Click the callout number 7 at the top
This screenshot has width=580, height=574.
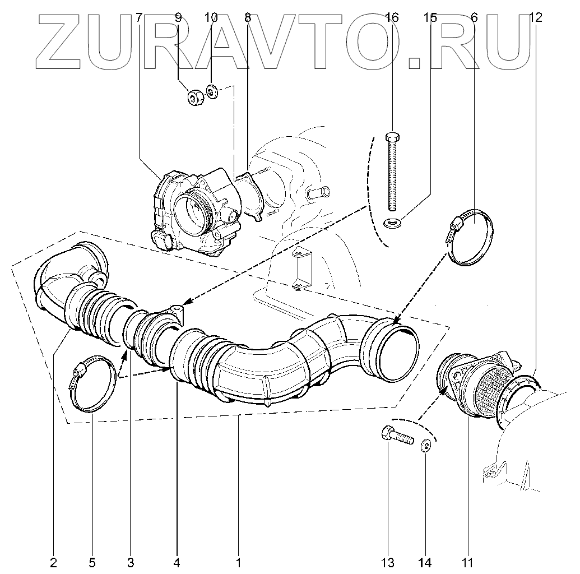tap(139, 18)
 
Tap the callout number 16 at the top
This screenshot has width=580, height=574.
tap(392, 18)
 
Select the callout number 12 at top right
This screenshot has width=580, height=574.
tap(535, 18)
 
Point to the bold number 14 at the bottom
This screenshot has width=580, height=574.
tap(425, 562)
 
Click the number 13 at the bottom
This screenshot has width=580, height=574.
tap(388, 562)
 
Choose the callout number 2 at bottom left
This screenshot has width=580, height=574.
tap(53, 562)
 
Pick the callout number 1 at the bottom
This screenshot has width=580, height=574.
tap(238, 562)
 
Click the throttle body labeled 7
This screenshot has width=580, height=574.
tap(193, 213)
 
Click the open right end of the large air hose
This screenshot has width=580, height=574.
tap(398, 348)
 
